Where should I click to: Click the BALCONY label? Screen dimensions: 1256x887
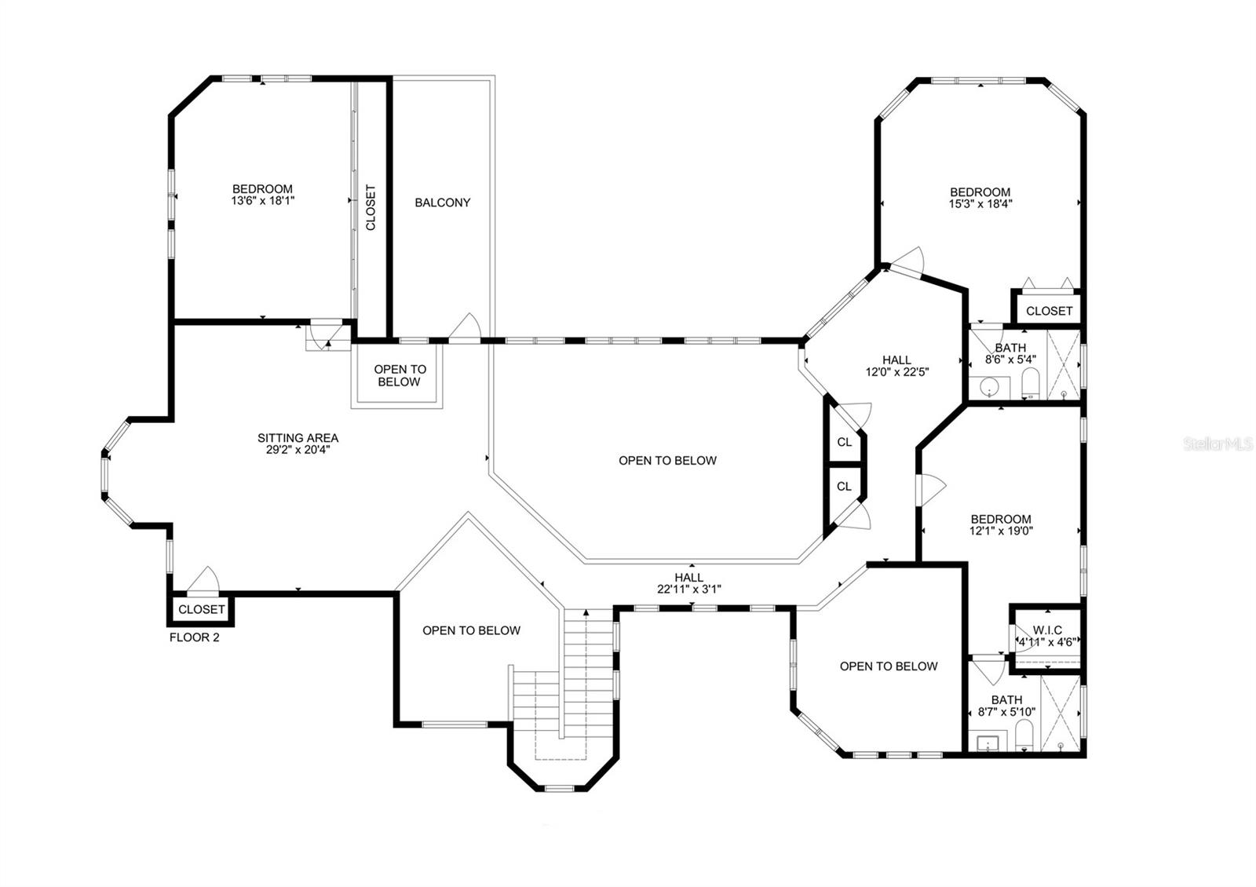[x=443, y=203]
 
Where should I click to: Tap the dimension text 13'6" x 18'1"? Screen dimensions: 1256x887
[x=262, y=200]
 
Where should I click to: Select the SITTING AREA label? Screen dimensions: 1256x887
[x=298, y=438]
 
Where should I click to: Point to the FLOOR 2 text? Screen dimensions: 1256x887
[x=194, y=637]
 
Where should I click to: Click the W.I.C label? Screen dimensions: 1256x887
[x=1047, y=630]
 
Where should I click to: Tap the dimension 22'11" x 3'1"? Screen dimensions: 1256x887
[x=689, y=589]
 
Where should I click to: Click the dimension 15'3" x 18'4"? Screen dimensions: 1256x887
[x=980, y=204]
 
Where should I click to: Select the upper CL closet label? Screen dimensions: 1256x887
[x=845, y=442]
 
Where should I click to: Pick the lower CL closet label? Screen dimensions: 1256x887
[x=845, y=486]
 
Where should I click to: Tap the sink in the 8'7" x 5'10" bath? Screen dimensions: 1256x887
[x=988, y=743]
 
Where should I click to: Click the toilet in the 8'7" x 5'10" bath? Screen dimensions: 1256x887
[x=1024, y=736]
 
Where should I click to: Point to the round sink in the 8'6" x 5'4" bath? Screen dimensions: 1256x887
[x=988, y=385]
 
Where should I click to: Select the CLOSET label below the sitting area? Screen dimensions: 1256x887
[x=201, y=609]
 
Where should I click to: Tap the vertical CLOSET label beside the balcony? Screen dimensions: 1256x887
[x=371, y=207]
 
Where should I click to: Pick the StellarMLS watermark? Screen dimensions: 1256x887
[x=1218, y=444]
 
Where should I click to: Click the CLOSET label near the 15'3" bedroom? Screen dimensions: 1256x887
[x=1049, y=311]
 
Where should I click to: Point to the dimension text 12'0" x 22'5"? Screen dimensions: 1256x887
[x=897, y=371]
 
